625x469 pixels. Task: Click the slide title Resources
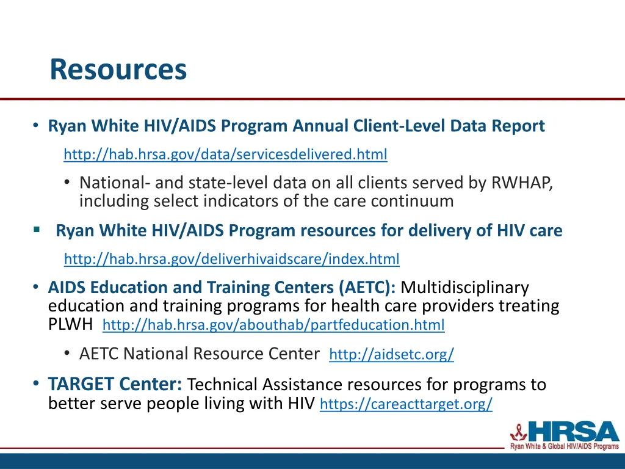[x=118, y=69]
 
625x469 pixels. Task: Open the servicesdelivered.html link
[x=225, y=155]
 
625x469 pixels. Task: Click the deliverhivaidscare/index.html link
[x=231, y=259]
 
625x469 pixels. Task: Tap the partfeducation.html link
[x=273, y=325]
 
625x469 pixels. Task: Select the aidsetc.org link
[x=391, y=355]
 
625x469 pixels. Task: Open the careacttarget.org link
[x=406, y=404]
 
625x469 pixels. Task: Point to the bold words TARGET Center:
[x=115, y=384]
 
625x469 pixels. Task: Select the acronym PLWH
[x=71, y=324]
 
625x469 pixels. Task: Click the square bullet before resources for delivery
[x=37, y=230]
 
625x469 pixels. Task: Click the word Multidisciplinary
[x=465, y=287]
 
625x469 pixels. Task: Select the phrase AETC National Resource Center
[x=200, y=354]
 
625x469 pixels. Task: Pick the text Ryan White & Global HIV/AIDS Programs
[x=564, y=447]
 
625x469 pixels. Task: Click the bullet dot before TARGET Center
[x=36, y=384]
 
